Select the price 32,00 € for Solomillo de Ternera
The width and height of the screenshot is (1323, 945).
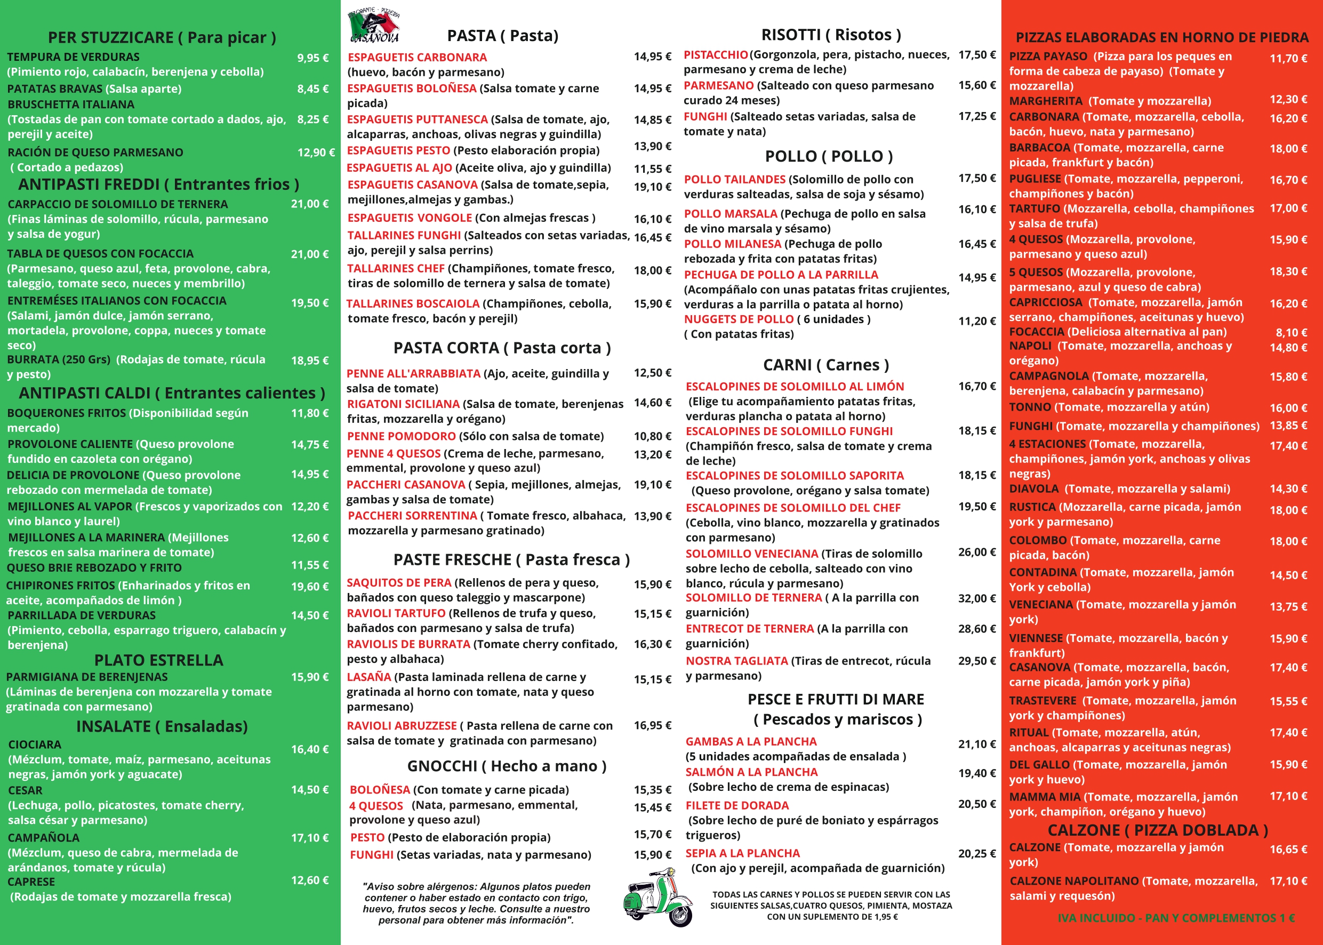(977, 598)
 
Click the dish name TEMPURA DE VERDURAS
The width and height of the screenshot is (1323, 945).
(73, 57)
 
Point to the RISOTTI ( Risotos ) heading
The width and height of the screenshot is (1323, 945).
(831, 35)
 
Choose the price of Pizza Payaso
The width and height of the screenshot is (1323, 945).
(1288, 58)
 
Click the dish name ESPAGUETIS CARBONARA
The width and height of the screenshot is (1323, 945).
(417, 57)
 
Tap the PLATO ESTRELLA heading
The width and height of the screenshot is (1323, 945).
(158, 660)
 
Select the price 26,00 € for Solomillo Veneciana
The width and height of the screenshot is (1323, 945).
(977, 551)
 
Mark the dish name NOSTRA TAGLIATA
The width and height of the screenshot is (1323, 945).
(736, 661)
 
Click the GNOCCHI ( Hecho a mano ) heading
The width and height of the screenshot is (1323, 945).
(506, 766)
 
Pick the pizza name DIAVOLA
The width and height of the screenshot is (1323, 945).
(1033, 489)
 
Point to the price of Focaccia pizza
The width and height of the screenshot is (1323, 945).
(1291, 332)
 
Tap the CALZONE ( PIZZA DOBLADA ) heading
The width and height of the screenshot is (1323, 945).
(1157, 830)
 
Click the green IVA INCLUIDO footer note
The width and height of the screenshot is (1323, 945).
(1176, 918)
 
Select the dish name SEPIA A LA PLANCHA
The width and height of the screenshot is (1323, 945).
(742, 853)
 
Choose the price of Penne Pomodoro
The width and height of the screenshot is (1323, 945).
(652, 436)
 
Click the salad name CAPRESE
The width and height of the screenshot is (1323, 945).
(31, 882)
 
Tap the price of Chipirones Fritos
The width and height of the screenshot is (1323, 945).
(309, 587)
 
